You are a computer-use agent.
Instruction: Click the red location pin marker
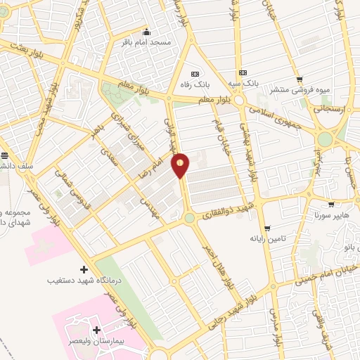(x=181, y=165)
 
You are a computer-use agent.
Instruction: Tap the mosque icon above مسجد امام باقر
(x=146, y=32)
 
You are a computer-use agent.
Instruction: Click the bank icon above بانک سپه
(x=243, y=72)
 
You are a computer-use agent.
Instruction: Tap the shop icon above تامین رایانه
(x=267, y=228)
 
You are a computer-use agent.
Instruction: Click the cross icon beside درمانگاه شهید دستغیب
(x=84, y=269)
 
